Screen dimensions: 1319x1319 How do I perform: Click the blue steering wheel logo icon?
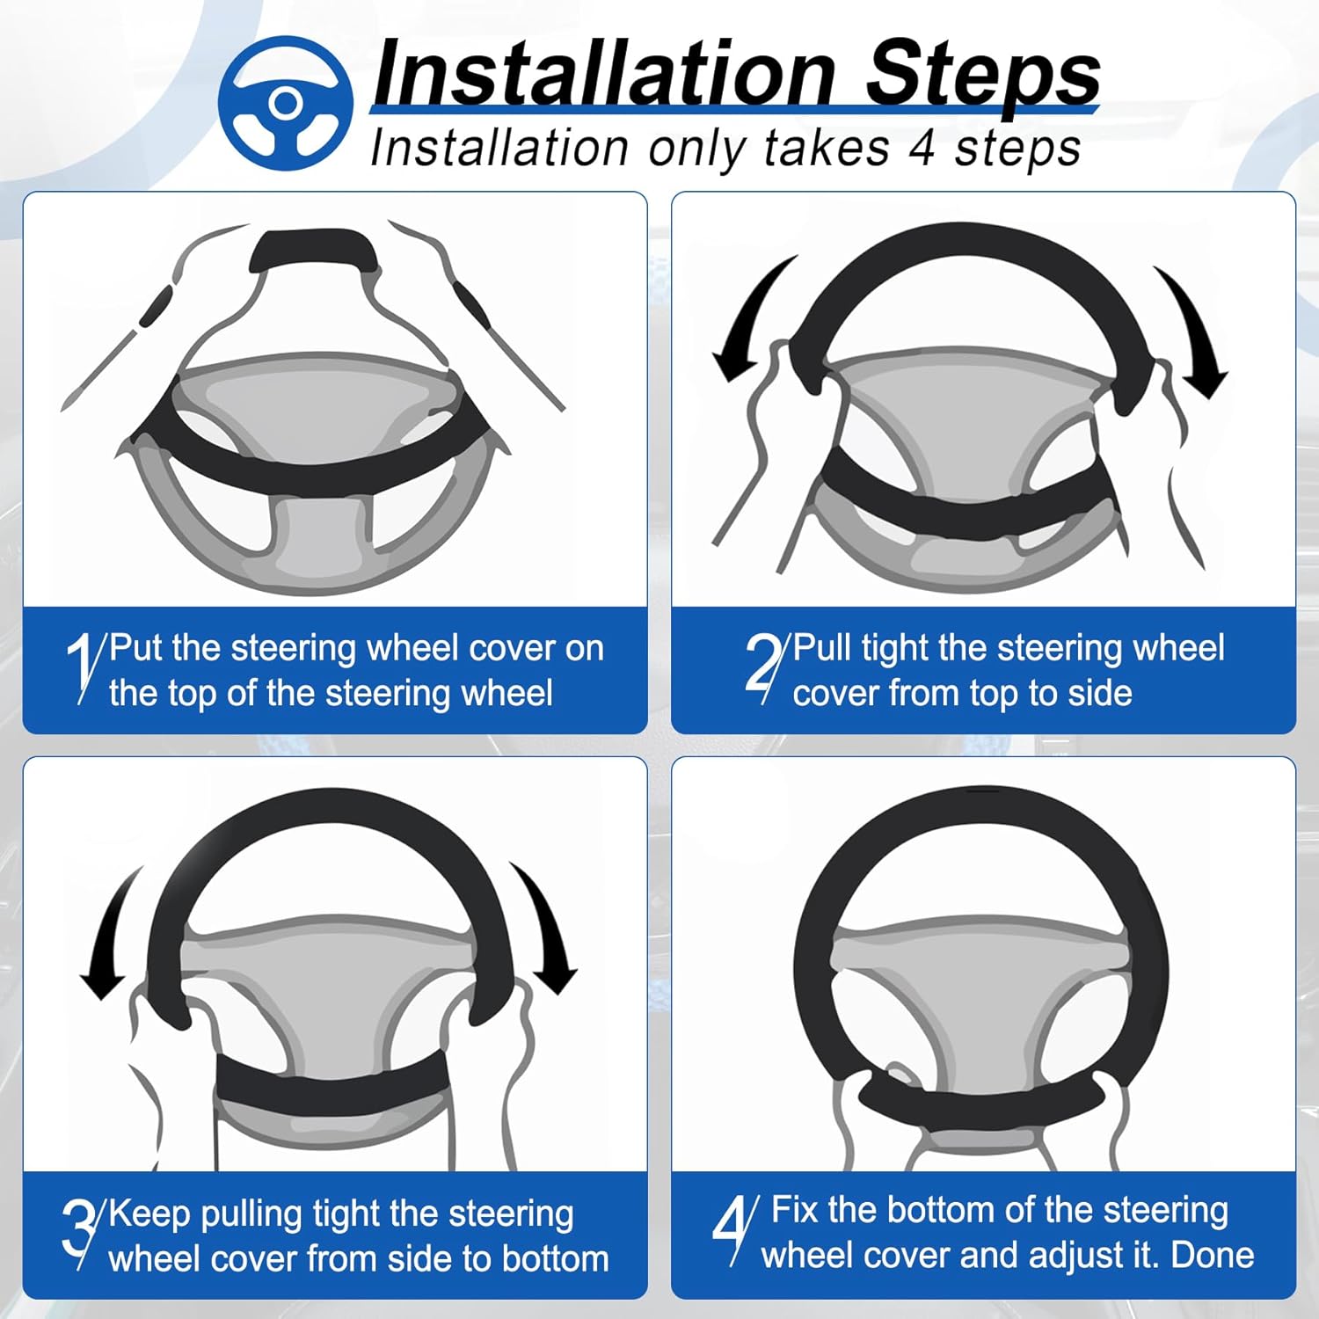click(285, 104)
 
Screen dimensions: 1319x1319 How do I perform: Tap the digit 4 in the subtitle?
click(922, 148)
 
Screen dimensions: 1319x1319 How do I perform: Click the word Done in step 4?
click(1213, 1255)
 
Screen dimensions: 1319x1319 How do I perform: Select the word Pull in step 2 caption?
click(822, 648)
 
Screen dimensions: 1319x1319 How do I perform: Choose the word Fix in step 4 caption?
click(795, 1210)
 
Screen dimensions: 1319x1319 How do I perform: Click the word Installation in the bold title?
click(603, 74)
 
